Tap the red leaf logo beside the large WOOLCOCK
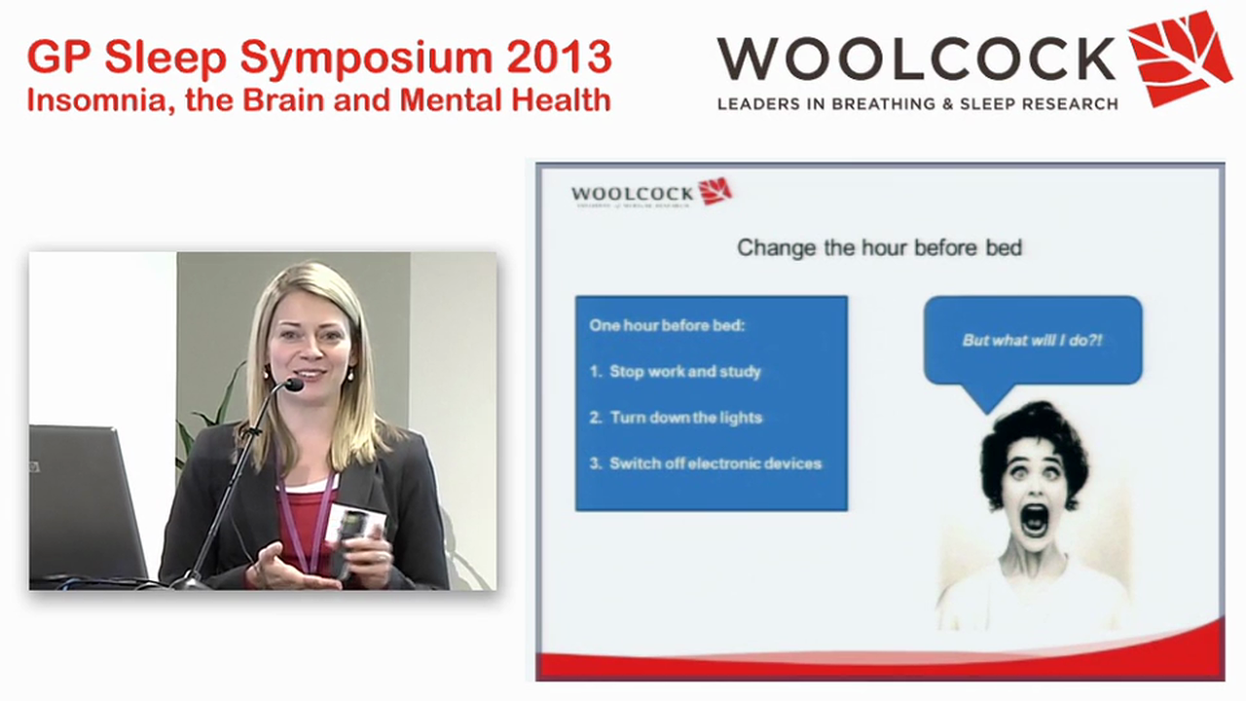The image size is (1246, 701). point(1179,56)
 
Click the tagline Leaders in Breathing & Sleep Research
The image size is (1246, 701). point(917,103)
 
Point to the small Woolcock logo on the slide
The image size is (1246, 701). point(650,193)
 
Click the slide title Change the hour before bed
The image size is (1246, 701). point(879,247)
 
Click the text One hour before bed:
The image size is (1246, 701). point(667,325)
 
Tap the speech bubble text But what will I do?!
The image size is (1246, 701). point(1032,340)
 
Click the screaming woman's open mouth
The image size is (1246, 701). point(1034,519)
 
